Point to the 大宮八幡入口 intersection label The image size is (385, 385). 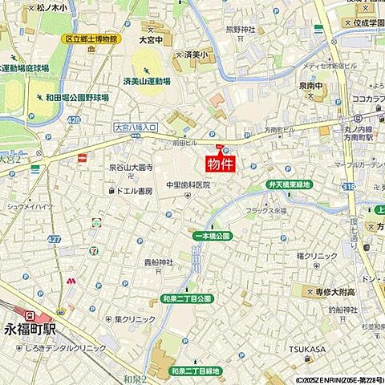click(x=136, y=126)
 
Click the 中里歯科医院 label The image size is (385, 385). click(x=188, y=184)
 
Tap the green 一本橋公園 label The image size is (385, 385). click(x=212, y=236)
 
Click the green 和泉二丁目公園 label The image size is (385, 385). click(x=187, y=298)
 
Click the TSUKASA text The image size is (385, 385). click(x=307, y=349)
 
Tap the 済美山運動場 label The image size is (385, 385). click(x=147, y=81)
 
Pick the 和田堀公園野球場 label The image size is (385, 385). click(x=77, y=97)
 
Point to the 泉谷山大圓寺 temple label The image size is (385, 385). click(x=130, y=168)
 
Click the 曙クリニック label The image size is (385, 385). click(x=316, y=256)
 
